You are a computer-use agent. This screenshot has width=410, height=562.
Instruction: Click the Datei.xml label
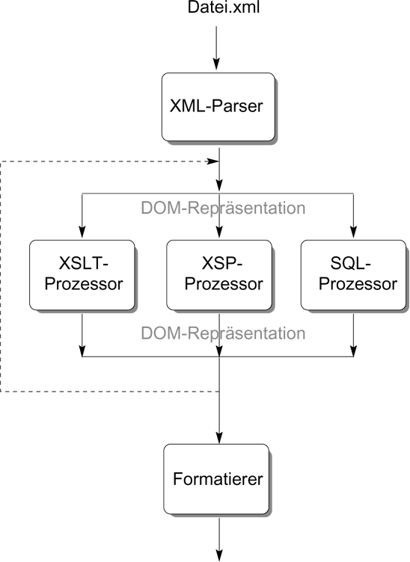[x=224, y=7]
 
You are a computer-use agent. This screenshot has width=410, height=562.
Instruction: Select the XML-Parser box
[x=218, y=107]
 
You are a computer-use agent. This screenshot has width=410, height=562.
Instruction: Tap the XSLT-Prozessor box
[x=82, y=275]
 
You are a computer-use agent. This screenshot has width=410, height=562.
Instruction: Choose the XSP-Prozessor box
[x=219, y=275]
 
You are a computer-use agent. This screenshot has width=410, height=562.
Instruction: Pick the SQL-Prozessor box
[x=353, y=275]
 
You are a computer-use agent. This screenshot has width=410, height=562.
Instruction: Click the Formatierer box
[x=216, y=479]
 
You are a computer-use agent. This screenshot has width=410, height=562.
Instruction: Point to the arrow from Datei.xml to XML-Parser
[x=216, y=47]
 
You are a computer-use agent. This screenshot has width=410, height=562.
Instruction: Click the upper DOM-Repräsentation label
[x=223, y=208]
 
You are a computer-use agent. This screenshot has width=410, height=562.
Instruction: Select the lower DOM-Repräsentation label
[x=223, y=333]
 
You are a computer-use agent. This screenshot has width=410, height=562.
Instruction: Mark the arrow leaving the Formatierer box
[x=219, y=539]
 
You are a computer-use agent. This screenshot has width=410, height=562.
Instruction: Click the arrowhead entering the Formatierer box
[x=219, y=437]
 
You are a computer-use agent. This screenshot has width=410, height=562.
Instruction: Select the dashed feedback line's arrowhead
[x=212, y=161]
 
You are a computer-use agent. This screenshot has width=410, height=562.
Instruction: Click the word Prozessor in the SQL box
[x=358, y=284]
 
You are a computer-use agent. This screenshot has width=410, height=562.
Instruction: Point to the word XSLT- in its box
[x=84, y=263]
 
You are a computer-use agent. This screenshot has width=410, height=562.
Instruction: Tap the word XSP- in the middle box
[x=222, y=263]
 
